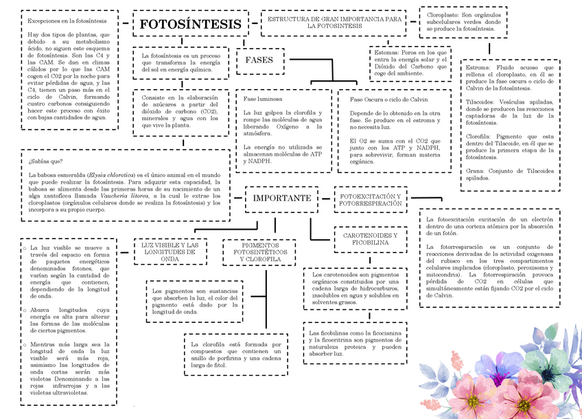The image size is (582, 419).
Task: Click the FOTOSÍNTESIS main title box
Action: [190, 25]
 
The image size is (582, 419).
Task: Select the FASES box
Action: [259, 60]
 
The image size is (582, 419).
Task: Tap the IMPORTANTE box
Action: [282, 198]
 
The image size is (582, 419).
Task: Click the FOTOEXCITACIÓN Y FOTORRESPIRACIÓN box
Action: [371, 200]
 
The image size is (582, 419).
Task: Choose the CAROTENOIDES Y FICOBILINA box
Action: [370, 238]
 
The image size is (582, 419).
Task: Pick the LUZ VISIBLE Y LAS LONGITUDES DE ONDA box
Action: [170, 252]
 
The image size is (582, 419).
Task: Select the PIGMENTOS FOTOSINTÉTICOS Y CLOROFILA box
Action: [260, 252]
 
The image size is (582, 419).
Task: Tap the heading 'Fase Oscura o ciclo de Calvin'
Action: [388, 99]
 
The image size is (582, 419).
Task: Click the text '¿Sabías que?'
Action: [46, 162]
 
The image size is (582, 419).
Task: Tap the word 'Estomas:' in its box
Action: [386, 52]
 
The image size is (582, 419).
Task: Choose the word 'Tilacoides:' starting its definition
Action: [484, 101]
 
